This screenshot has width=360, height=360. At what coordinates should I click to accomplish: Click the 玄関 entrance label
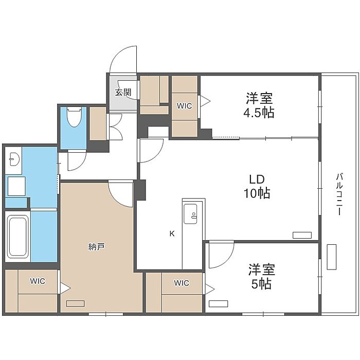tap(123, 92)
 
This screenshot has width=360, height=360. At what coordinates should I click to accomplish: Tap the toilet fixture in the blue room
tap(75, 117)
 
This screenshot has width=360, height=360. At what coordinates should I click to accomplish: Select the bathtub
tap(17, 237)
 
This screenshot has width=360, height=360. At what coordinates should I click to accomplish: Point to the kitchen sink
tap(190, 214)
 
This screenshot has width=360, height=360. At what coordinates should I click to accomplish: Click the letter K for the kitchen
tap(172, 233)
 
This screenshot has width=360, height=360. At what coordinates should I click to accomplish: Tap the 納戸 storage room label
tap(97, 247)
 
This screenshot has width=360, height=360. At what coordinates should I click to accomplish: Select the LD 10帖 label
tap(257, 186)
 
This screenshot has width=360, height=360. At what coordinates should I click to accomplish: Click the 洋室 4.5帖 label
tap(259, 105)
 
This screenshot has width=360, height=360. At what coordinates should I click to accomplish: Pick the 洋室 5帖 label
tap(261, 277)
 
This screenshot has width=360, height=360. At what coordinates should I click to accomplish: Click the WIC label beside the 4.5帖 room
tap(184, 106)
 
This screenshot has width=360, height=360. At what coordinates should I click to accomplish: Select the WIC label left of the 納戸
tap(38, 281)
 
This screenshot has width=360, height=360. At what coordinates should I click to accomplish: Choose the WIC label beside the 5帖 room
tap(182, 283)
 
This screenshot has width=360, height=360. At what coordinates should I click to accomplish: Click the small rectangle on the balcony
tap(332, 257)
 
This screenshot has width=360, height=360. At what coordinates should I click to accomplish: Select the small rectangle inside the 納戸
tap(75, 303)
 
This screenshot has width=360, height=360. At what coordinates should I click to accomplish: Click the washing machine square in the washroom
tap(16, 186)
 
